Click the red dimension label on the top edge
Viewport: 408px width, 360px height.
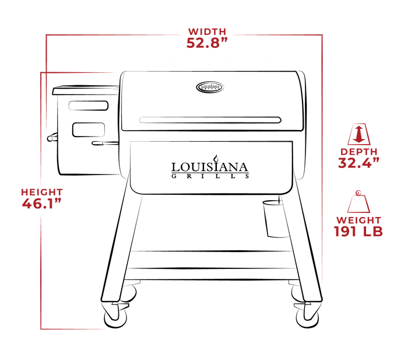coord(206,38)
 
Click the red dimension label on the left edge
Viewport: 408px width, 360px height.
coord(41,198)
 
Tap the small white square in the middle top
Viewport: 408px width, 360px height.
coord(221,60)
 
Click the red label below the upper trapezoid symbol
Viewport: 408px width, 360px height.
coord(358,158)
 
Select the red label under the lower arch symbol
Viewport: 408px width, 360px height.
coord(358,226)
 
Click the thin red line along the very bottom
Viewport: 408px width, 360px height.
coord(73,329)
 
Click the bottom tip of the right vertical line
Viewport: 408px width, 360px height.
coord(321,282)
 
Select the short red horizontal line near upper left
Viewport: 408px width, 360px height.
coord(78,72)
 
